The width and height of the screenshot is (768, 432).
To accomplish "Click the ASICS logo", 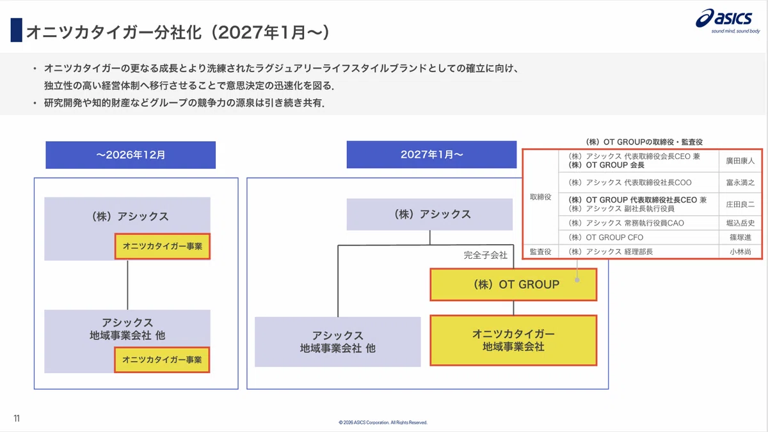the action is (728, 20).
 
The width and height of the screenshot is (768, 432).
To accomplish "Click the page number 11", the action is (17, 418).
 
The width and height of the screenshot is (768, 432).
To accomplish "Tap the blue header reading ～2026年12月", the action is (131, 155).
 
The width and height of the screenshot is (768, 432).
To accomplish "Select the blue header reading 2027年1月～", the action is (431, 155).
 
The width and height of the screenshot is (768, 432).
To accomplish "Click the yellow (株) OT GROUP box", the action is (513, 284).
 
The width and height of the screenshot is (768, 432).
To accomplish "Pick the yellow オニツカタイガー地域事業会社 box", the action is (513, 340).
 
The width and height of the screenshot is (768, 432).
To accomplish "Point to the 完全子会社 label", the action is (485, 255).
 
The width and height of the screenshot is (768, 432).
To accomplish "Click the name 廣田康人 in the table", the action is (740, 160).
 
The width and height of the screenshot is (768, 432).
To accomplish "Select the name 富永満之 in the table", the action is (740, 183).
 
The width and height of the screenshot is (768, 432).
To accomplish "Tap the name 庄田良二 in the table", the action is (740, 204).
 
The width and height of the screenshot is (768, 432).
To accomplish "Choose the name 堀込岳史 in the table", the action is (740, 223).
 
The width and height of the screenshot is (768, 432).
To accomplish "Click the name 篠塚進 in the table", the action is (740, 237).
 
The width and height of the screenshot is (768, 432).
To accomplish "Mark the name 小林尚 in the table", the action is (740, 252).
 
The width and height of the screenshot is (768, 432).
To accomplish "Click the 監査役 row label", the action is (540, 252).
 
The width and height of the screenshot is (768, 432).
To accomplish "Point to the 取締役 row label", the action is (540, 197).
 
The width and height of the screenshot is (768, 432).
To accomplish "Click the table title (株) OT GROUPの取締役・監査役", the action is (644, 142).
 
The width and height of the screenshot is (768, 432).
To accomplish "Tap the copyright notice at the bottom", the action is (383, 422).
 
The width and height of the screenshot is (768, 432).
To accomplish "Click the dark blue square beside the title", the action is (17, 30).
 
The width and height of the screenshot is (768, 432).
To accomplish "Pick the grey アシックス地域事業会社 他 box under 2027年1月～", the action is (338, 342).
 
